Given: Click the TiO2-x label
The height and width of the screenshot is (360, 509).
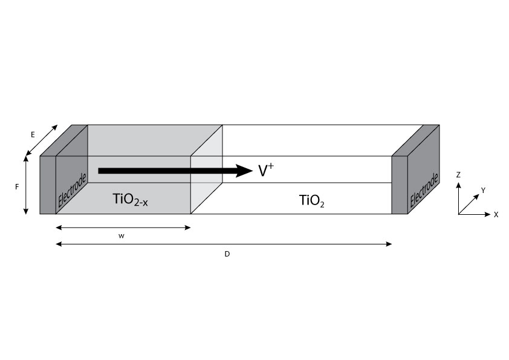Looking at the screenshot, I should coord(131,199).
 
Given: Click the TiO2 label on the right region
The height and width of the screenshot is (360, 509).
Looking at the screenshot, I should coord(312,200).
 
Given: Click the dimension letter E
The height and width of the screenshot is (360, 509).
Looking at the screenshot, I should coord(33,135).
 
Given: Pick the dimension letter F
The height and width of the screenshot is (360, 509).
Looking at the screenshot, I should coord(17,188).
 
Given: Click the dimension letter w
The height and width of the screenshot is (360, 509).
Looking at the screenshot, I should coord(123,235).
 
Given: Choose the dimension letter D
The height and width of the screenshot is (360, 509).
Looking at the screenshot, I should coord(227,254).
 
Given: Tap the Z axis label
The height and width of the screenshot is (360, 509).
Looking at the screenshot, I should coord(459,175).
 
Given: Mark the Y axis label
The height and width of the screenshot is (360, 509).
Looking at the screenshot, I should coord(482,190).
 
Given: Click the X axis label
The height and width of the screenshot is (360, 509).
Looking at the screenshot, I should coord(496,215).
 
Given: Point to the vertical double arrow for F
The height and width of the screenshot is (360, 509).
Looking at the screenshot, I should coord(26,185).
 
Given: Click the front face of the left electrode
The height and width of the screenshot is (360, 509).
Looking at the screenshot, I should coord(48,185).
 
